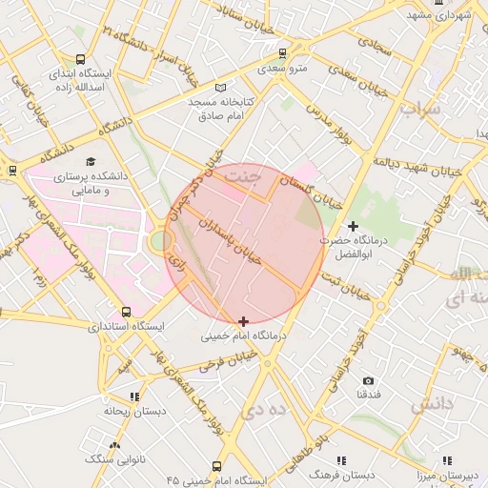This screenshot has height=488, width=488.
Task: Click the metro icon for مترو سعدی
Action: [x=281, y=53]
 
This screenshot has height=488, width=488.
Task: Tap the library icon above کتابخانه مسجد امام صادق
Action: [x=221, y=87]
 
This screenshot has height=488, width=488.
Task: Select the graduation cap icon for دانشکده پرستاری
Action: [x=91, y=161]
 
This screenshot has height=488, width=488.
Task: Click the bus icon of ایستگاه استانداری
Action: [x=126, y=312]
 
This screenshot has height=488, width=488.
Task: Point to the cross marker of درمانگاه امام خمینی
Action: [x=244, y=321]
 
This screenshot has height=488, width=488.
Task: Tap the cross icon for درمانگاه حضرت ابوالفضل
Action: [x=354, y=226]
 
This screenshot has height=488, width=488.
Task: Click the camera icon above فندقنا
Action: [x=369, y=380]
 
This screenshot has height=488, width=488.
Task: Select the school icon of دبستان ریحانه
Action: [x=134, y=396]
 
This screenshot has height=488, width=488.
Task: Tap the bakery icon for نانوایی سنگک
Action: [x=115, y=445]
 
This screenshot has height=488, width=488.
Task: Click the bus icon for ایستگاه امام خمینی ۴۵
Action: [x=216, y=467]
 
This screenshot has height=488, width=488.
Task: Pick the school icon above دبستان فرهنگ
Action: [x=341, y=461]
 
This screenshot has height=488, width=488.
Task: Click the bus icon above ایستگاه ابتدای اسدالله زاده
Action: [x=79, y=59]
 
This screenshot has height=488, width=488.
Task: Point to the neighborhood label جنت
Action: [x=247, y=175]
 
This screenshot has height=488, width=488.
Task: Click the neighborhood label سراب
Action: [x=419, y=109]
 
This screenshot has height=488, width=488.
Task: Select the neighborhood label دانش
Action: [x=433, y=405]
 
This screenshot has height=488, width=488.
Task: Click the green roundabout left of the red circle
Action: [x=158, y=241]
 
